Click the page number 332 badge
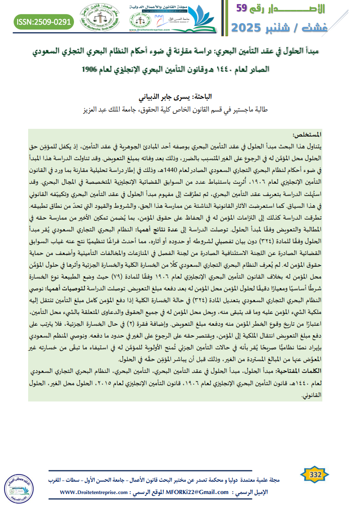click(315, 475)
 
